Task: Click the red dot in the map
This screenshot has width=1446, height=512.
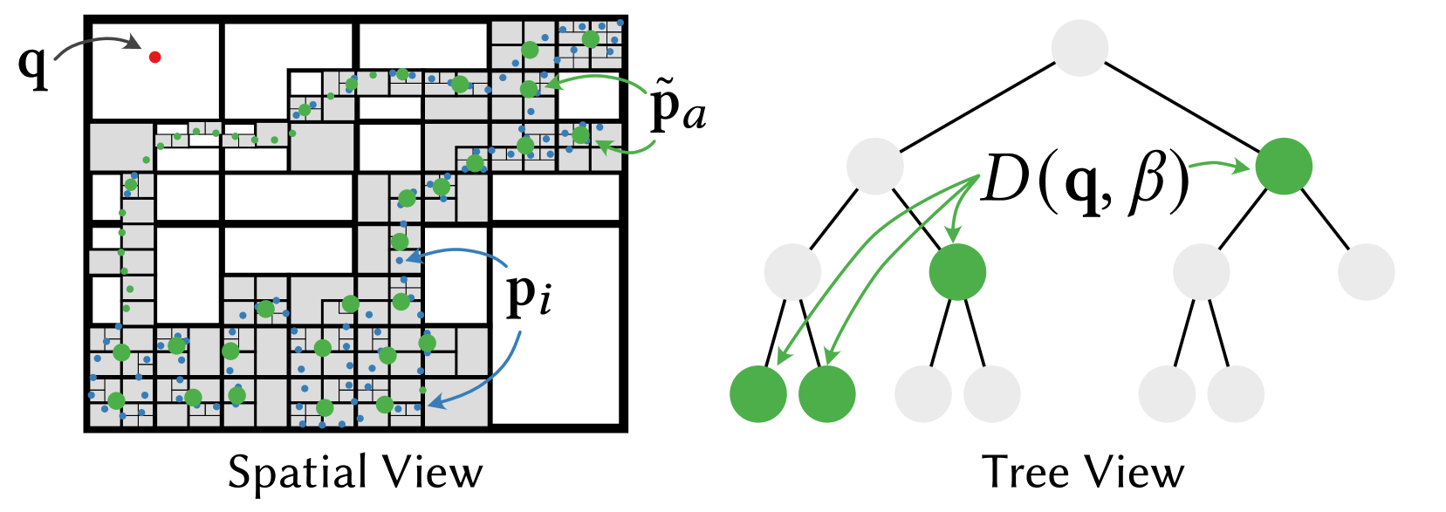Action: tap(154, 58)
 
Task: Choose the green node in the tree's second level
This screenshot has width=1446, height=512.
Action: tap(1283, 166)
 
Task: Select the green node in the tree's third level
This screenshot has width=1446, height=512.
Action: tap(957, 272)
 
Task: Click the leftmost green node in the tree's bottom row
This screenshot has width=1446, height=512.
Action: tap(757, 394)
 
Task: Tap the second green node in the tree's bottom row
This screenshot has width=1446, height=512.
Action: tap(826, 394)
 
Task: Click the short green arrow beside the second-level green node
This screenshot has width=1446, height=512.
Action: tap(1218, 164)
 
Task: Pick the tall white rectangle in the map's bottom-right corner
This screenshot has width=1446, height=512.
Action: tap(555, 324)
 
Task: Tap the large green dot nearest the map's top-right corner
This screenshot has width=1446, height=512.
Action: tap(590, 39)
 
